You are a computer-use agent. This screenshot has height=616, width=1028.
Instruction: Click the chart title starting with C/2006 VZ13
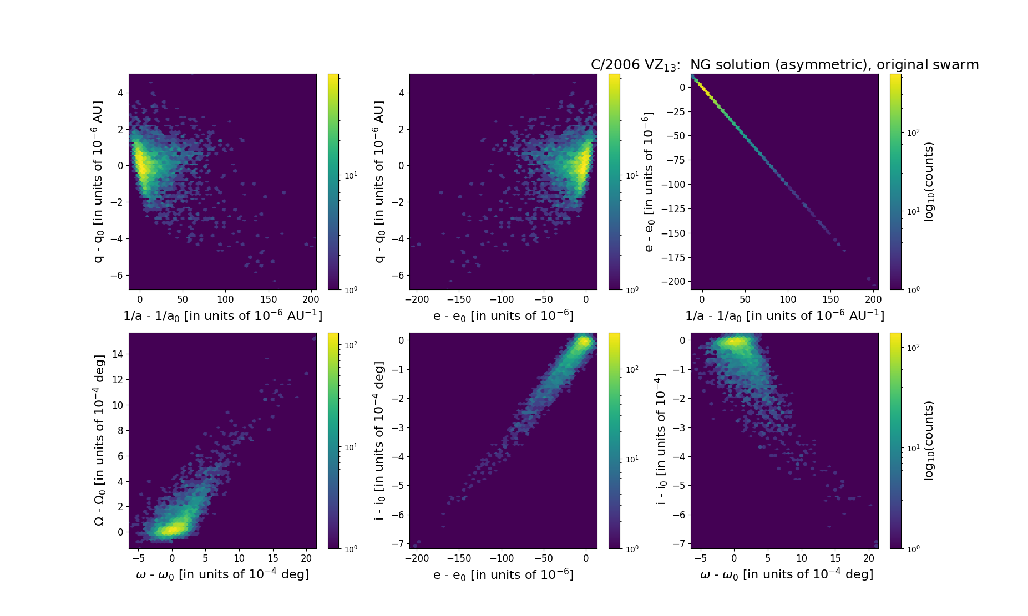click(x=784, y=65)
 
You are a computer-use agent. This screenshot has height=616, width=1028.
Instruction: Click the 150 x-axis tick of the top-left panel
click(x=269, y=299)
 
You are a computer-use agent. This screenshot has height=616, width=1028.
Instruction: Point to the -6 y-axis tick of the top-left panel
click(x=119, y=276)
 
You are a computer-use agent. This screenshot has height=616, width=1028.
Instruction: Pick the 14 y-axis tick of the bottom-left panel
click(x=117, y=354)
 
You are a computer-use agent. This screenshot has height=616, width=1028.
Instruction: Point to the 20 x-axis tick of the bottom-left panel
click(x=306, y=558)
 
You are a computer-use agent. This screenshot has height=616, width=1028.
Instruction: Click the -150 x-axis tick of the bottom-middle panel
click(x=459, y=558)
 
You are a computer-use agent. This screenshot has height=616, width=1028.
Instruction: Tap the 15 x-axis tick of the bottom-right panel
click(x=835, y=558)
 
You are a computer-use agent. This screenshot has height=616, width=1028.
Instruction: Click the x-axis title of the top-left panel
click(x=222, y=315)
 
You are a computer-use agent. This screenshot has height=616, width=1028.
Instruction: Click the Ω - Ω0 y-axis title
click(x=99, y=440)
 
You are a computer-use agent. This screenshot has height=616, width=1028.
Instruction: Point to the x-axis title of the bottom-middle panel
click(x=503, y=574)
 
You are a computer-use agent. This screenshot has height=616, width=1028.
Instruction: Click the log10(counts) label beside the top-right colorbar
click(x=929, y=182)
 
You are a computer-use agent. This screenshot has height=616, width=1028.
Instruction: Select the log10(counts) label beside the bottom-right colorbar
click(x=929, y=440)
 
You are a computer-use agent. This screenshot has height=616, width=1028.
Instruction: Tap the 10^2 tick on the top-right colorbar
click(x=913, y=133)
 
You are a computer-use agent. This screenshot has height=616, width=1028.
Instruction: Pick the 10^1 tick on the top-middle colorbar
click(x=631, y=175)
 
